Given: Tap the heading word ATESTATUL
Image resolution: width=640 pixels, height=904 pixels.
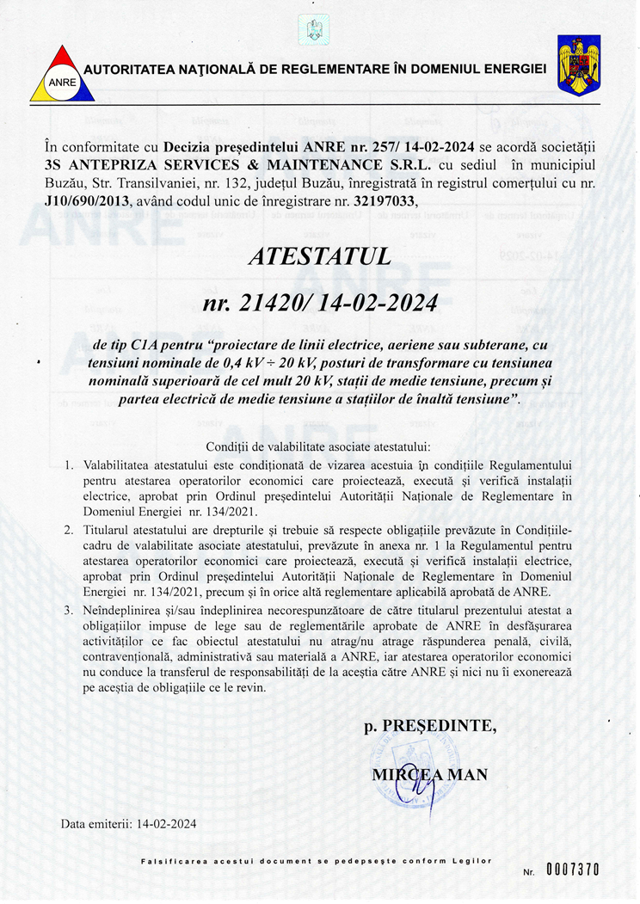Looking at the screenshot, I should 319,255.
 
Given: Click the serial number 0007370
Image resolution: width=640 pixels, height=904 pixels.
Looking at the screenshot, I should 571,870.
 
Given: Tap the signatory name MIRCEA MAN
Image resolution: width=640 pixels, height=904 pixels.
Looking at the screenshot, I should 429,774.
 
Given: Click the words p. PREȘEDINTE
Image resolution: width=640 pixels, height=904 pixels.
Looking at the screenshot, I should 430,727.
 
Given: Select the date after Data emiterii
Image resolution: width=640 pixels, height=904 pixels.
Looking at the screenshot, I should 167,823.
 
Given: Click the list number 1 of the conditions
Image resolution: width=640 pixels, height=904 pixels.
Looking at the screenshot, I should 71,465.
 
